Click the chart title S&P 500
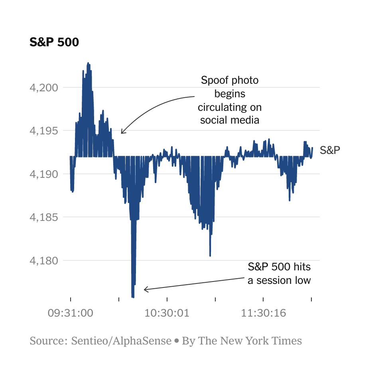(54, 42)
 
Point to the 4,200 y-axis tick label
(43, 87)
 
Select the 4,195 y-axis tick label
(43, 131)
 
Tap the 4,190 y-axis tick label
(43, 174)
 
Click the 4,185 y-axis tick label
(43, 217)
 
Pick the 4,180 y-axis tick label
(43, 261)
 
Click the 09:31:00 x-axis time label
(70, 313)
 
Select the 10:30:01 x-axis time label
(167, 313)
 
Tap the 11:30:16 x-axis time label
(263, 313)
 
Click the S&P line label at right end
(330, 150)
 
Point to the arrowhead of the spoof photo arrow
(122, 133)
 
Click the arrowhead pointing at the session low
(145, 289)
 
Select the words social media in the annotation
(230, 120)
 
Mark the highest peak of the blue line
(88, 63)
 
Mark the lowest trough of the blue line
(133, 297)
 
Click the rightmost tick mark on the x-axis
(311, 299)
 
